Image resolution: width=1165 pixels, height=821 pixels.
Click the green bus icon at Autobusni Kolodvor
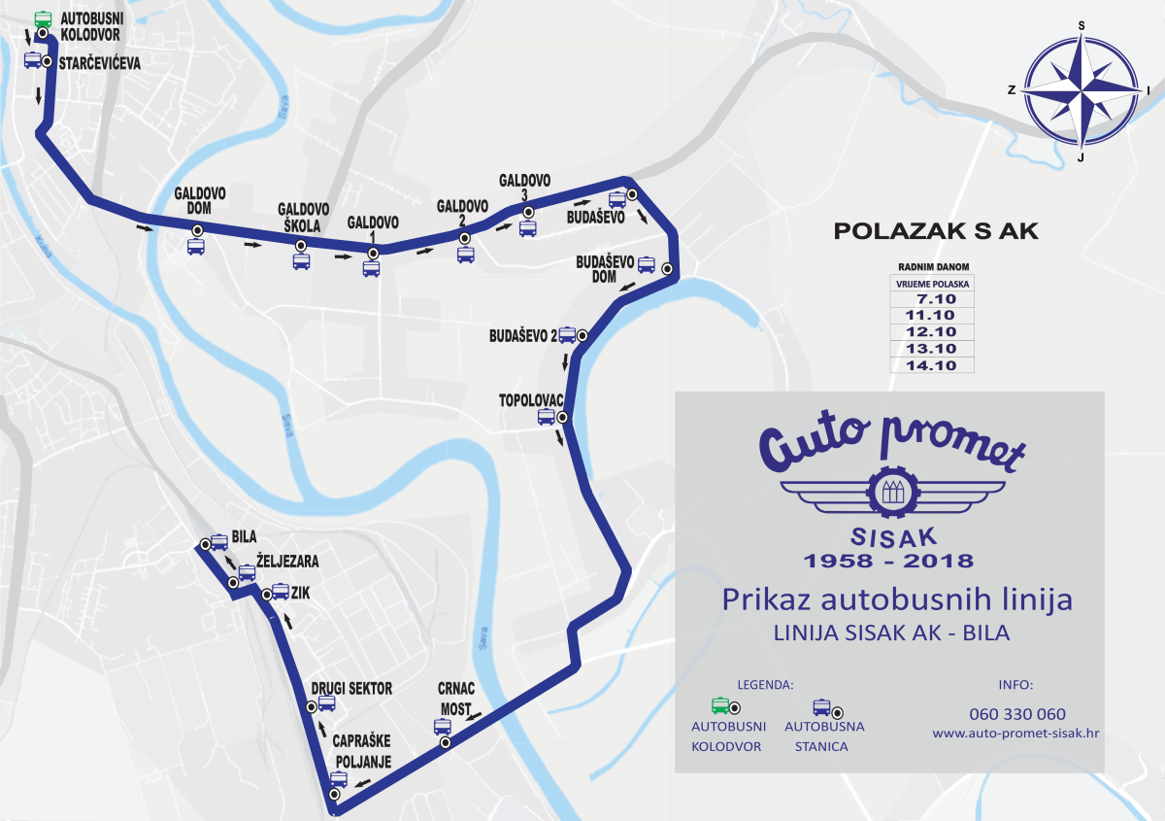click(43, 18)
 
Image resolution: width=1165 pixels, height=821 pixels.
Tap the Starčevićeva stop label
click(99, 62)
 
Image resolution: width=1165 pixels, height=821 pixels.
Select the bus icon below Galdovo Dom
click(196, 246)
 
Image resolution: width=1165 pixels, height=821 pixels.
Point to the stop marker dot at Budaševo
click(631, 194)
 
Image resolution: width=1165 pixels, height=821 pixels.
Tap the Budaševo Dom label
click(604, 269)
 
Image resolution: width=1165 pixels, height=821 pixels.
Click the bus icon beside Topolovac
click(547, 417)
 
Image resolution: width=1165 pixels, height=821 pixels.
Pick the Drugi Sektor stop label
click(351, 689)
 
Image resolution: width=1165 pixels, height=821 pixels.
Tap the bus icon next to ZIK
click(280, 591)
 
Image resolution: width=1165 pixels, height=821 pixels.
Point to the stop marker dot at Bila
click(205, 544)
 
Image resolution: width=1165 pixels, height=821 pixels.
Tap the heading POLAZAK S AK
click(936, 231)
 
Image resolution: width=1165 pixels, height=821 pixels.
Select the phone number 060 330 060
click(1016, 714)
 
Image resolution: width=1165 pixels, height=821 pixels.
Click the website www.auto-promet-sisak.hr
click(1015, 734)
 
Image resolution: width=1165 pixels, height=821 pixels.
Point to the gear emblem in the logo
click(889, 493)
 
